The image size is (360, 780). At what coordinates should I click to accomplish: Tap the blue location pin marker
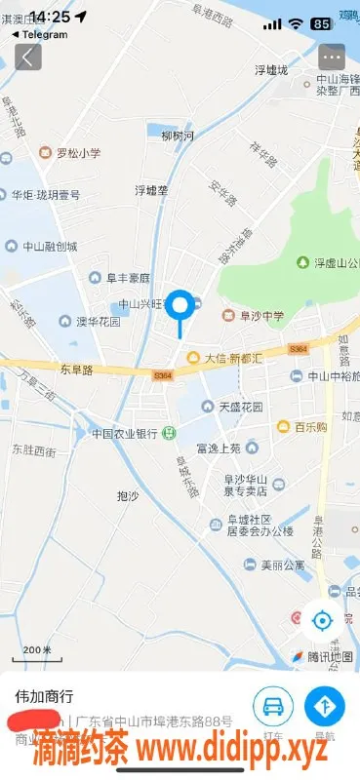pos(180,306)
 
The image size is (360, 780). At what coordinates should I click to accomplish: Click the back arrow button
pos(27,57)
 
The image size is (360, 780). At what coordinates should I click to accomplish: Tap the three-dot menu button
pos(332,57)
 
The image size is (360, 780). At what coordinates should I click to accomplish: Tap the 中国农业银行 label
pos(125,433)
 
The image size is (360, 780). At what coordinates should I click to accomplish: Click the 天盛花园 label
pos(235,406)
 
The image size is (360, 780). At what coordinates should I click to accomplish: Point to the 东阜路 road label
pos(75,370)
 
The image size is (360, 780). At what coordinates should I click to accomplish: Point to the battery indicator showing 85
pos(320,22)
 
